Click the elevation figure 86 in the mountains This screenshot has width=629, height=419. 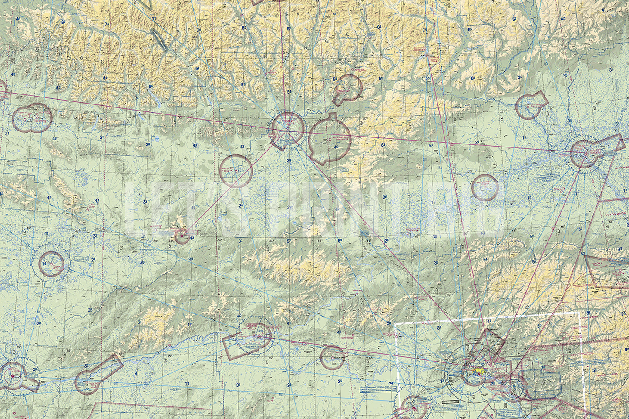151,87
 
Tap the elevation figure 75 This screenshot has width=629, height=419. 107,23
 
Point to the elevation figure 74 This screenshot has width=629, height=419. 424,30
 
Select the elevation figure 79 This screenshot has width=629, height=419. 334,14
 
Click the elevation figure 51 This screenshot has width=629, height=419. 102,137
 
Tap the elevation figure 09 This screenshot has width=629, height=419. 617,124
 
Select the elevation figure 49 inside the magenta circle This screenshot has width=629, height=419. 336,147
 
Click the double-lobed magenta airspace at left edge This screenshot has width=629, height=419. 32,118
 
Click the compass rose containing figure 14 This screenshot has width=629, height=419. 51,264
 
